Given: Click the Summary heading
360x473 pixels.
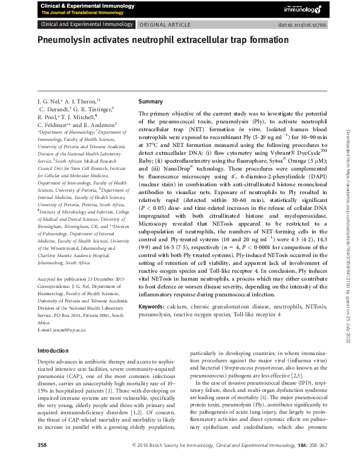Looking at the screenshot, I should [151, 101].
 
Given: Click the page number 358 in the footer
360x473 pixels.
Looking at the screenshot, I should [42, 462].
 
